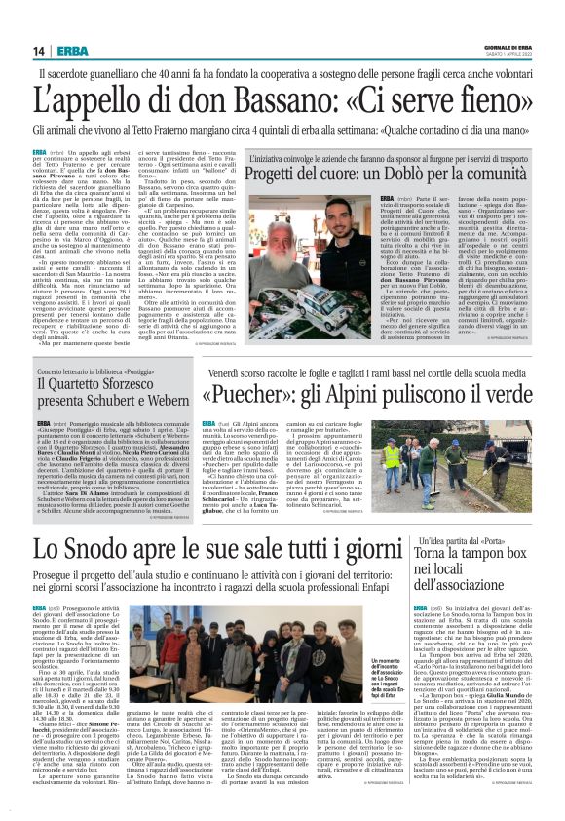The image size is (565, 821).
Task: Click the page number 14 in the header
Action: point(39,51)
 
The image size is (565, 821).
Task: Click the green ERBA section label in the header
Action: point(72,51)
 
